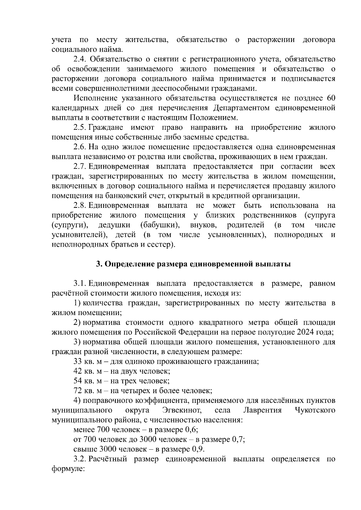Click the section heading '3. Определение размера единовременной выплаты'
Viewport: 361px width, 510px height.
pyautogui.click(x=193, y=264)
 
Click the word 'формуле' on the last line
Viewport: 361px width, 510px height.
pyautogui.click(x=68, y=469)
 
